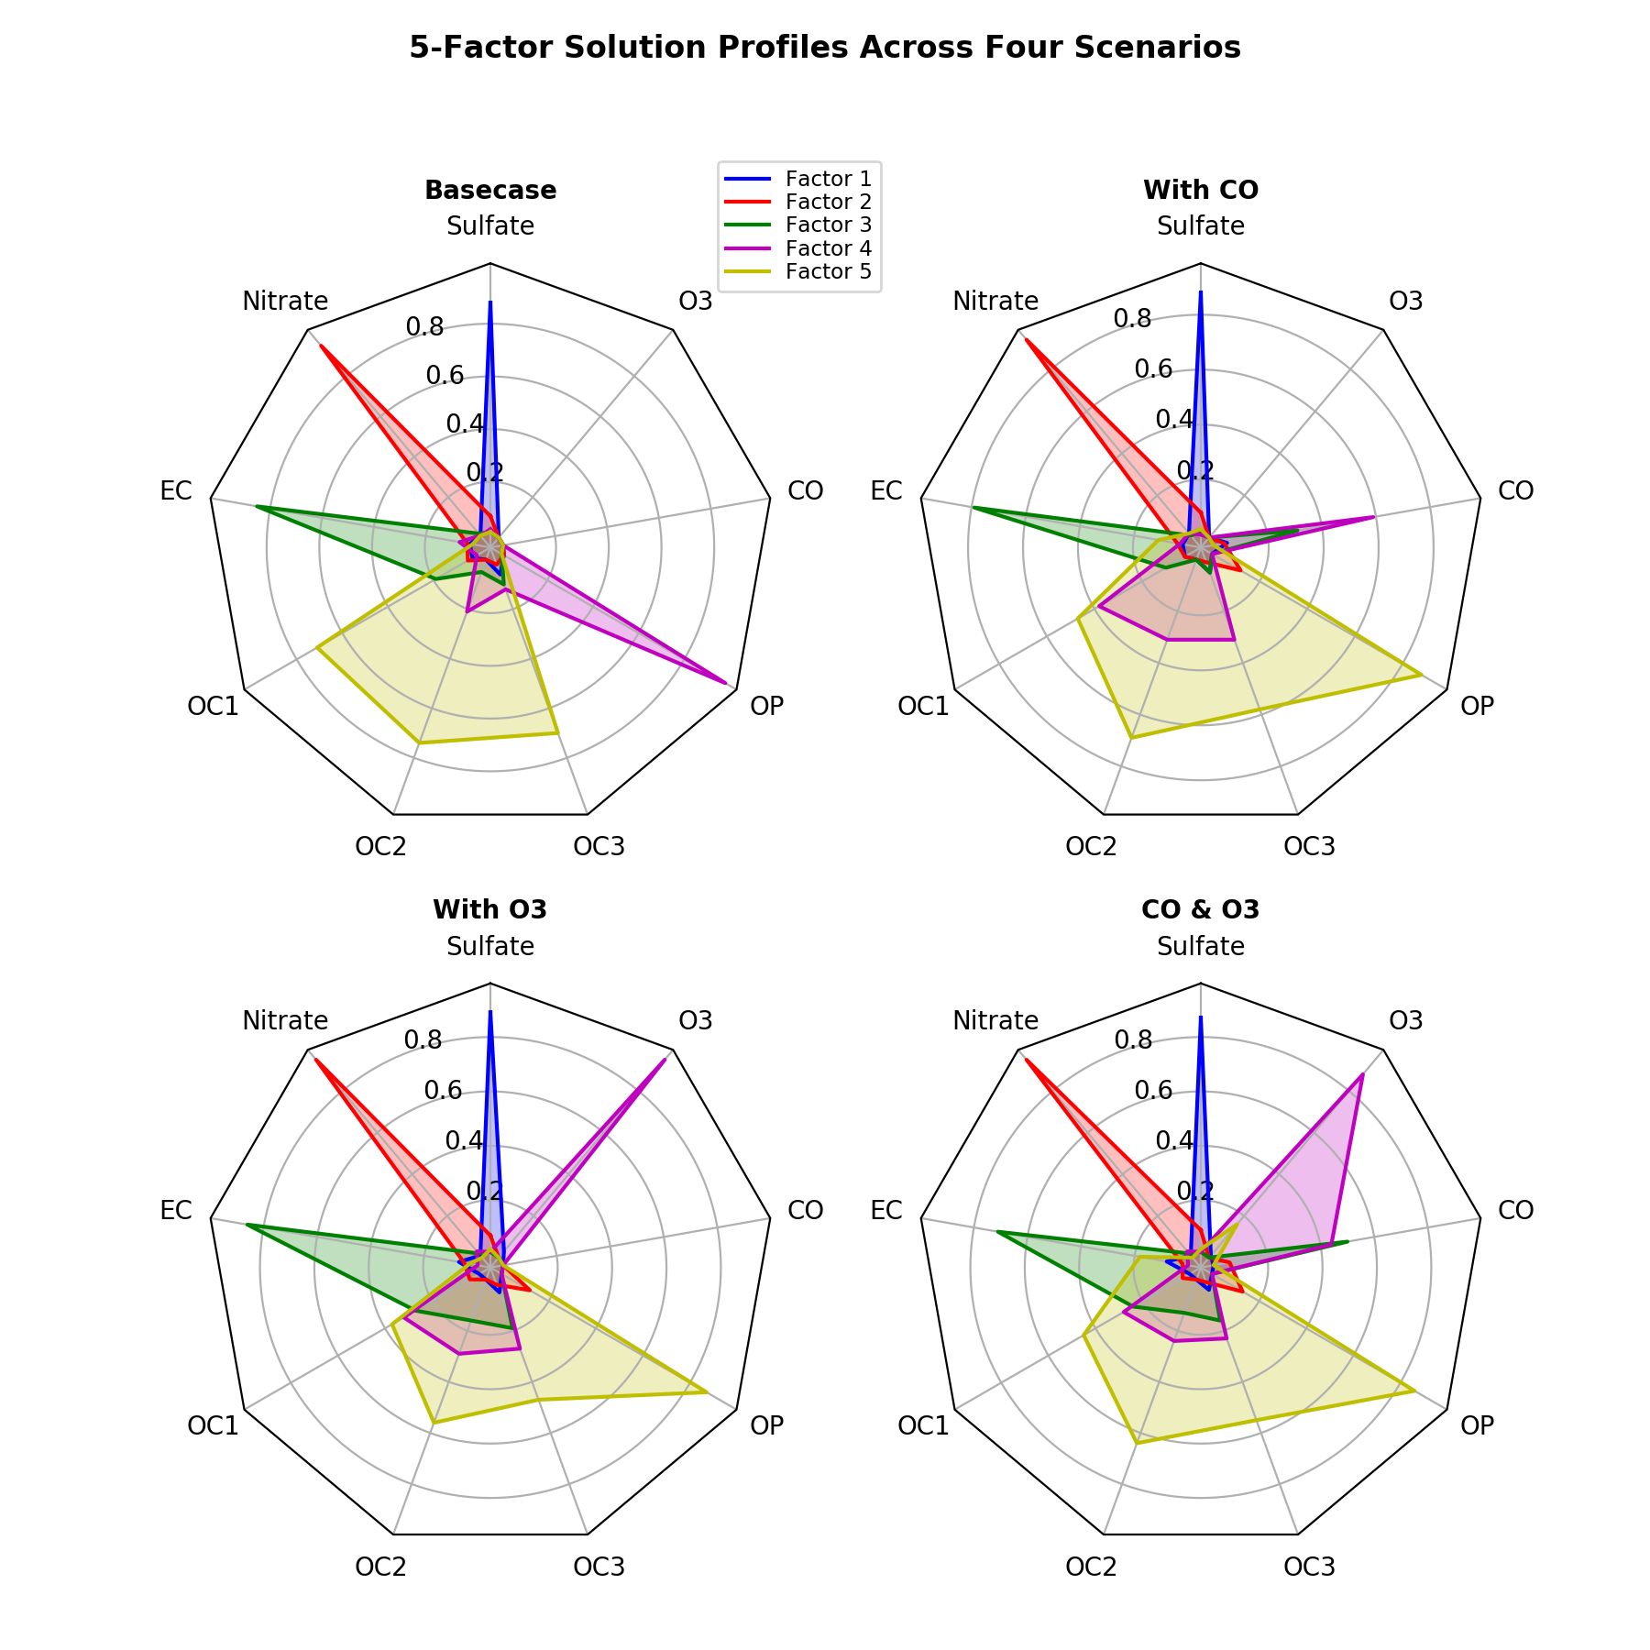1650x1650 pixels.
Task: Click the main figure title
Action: point(825,48)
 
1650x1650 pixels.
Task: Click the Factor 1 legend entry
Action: point(828,178)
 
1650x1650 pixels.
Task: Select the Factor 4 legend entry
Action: point(828,248)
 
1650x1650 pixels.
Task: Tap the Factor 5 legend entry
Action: point(828,272)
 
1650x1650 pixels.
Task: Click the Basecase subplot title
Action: point(490,191)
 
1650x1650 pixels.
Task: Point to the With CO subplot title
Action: point(1201,191)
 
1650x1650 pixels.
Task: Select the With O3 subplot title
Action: point(490,910)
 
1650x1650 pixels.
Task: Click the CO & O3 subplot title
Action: point(1201,910)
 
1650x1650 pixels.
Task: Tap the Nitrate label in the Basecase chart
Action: point(285,301)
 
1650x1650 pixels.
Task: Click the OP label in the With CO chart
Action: point(1477,706)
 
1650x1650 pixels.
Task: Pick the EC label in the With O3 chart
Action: point(176,1211)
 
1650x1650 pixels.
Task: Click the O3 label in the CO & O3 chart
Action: point(1406,1020)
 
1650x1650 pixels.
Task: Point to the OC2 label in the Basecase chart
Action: point(380,847)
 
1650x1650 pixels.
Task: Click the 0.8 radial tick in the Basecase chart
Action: point(424,326)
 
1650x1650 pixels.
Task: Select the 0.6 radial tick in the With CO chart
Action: point(1134,368)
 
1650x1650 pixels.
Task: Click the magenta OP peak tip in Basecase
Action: point(727,683)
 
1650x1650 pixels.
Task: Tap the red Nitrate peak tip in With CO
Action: point(1027,340)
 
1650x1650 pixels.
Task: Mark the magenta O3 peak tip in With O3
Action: point(665,1060)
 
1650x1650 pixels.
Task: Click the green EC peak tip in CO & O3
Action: point(997,1232)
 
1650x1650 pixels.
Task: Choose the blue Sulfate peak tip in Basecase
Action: point(490,302)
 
